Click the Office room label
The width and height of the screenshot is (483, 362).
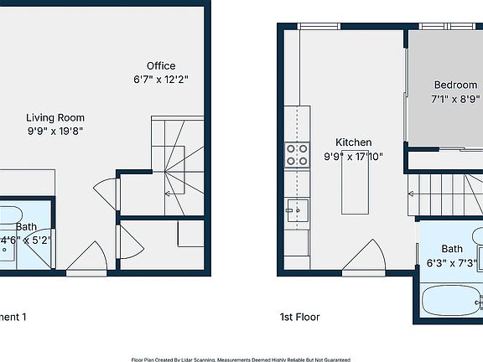coord(161,66)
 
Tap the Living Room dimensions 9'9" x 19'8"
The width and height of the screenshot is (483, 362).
coord(55,131)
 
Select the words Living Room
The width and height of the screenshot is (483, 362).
coord(55,118)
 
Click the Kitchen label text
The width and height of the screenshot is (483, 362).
coord(354,142)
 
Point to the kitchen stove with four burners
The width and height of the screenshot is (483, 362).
coord(297,155)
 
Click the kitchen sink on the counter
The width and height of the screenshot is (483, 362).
coord(297,208)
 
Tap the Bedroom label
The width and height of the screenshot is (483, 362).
coord(455,85)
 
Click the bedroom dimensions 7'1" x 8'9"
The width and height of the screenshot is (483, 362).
coord(455,98)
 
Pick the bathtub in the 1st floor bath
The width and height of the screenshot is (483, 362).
coord(449,300)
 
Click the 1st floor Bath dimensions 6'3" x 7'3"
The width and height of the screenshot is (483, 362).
coord(453,262)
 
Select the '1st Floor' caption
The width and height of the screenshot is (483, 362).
coord(299,318)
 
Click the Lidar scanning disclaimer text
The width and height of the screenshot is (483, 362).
coord(241,358)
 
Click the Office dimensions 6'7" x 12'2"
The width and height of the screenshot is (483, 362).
coord(161,80)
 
